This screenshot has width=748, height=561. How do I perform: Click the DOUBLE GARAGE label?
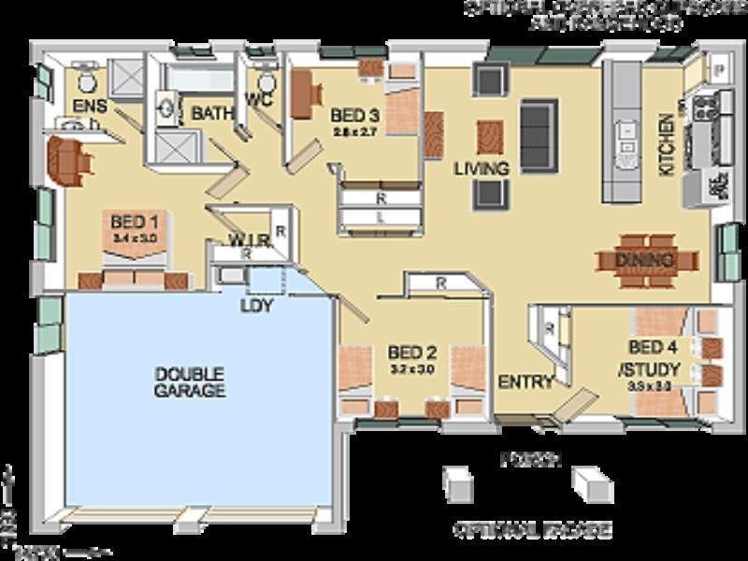(x=190, y=381)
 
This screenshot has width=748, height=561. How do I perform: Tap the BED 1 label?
(x=134, y=223)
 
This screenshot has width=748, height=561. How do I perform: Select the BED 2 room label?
(x=412, y=353)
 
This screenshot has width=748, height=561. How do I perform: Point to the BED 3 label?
(x=354, y=117)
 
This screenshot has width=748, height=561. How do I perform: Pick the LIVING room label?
(x=482, y=169)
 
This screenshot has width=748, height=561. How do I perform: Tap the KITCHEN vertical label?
(x=667, y=145)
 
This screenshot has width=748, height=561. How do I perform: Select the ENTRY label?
(x=525, y=381)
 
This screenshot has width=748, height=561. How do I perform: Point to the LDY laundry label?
(x=256, y=306)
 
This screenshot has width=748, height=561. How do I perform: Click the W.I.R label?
(x=252, y=240)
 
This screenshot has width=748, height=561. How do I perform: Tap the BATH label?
(x=211, y=113)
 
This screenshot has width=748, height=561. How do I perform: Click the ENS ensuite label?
(x=90, y=105)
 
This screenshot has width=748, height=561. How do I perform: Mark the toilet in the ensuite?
(x=85, y=74)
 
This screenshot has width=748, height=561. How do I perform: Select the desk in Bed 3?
(x=302, y=94)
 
